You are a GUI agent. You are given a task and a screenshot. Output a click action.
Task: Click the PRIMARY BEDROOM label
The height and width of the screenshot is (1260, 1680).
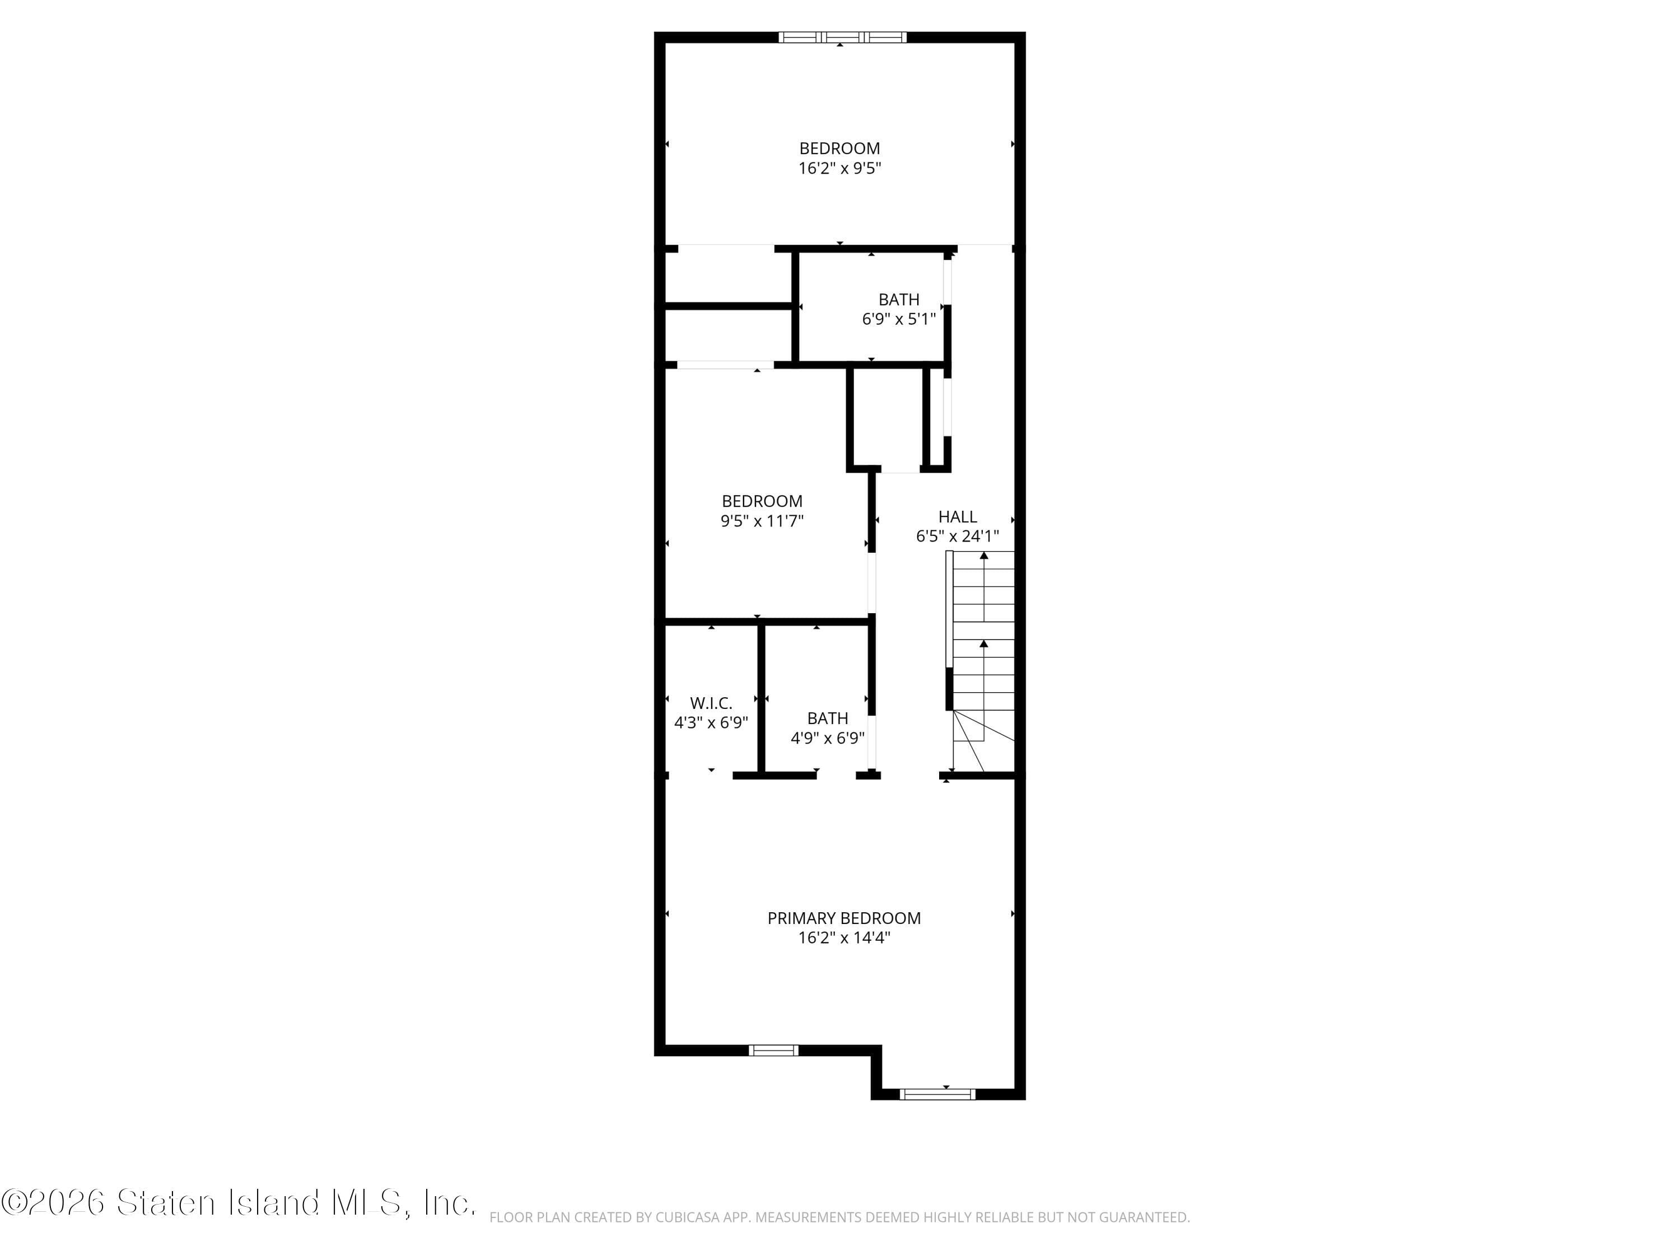click(844, 918)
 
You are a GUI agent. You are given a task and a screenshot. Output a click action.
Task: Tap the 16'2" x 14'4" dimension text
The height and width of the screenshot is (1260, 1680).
click(844, 938)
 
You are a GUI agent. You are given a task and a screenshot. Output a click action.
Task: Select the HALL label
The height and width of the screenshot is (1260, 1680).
click(957, 516)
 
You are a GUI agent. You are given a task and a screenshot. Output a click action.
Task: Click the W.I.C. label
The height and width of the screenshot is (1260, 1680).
click(711, 703)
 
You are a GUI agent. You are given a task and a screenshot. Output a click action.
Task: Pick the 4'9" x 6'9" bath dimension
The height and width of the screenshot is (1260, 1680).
click(827, 738)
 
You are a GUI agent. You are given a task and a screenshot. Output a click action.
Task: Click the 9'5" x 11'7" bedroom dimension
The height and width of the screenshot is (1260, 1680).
click(762, 521)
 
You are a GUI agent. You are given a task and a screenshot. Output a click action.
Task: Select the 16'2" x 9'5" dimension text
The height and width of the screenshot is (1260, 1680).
click(839, 168)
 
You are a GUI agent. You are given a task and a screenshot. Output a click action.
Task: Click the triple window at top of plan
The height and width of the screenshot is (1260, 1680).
click(842, 36)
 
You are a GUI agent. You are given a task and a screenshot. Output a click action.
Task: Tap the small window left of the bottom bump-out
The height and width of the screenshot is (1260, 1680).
click(773, 1051)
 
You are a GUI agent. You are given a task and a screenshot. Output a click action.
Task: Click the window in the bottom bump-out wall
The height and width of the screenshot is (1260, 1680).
click(936, 1094)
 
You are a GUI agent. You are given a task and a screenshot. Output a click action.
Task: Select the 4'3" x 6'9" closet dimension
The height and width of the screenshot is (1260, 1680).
click(711, 723)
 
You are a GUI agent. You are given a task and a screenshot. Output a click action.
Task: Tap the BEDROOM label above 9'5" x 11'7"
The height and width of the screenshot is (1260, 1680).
click(762, 501)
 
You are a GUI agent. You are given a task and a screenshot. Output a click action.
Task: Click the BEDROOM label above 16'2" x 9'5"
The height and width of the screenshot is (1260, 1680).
click(839, 148)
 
